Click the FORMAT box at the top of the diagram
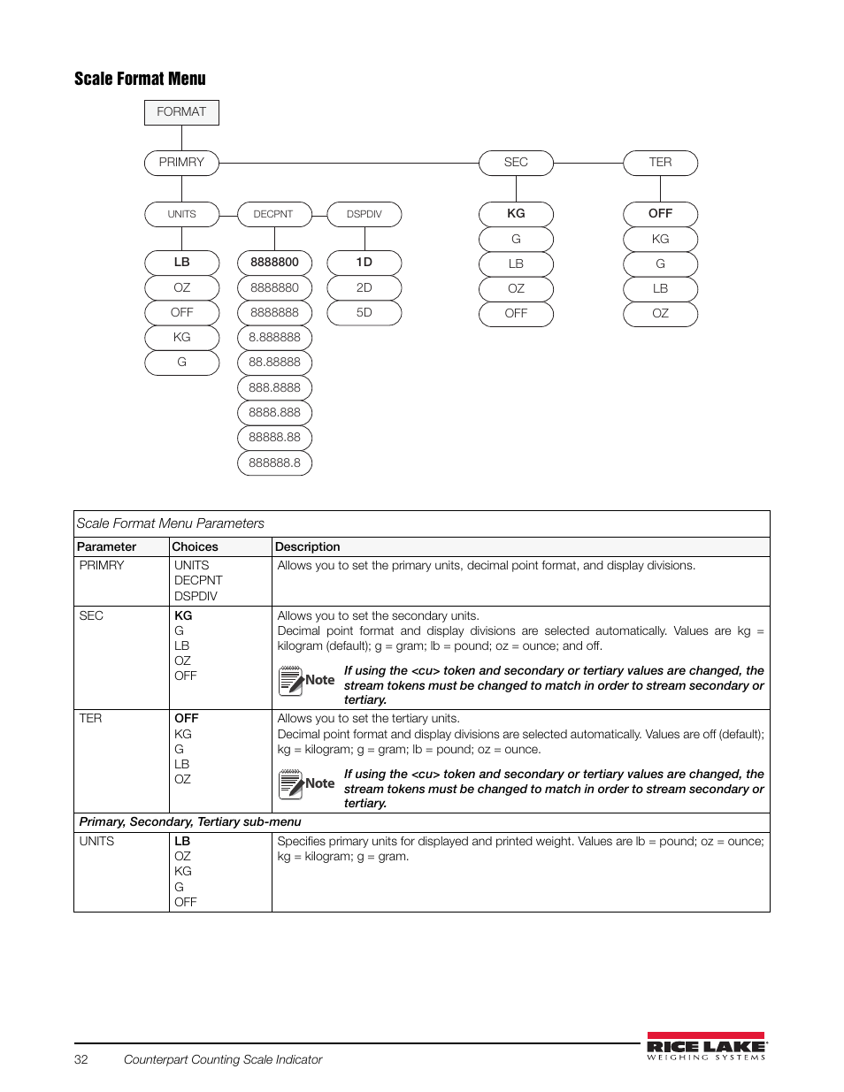click(181, 112)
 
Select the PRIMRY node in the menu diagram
click(181, 163)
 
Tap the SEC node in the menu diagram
click(516, 163)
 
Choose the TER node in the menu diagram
click(660, 163)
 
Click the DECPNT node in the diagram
click(273, 214)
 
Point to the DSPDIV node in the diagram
click(364, 214)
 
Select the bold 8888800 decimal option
click(274, 263)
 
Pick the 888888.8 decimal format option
click(274, 462)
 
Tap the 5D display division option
click(364, 313)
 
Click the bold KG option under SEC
click(516, 214)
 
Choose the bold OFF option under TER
click(660, 214)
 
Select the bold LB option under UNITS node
click(181, 263)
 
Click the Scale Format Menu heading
click(140, 79)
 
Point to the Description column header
click(307, 547)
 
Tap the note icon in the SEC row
click(291, 681)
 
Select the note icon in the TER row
click(291, 784)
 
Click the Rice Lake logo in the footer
click(706, 1046)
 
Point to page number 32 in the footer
click(81, 1059)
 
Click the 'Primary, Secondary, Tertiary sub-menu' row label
click(190, 822)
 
